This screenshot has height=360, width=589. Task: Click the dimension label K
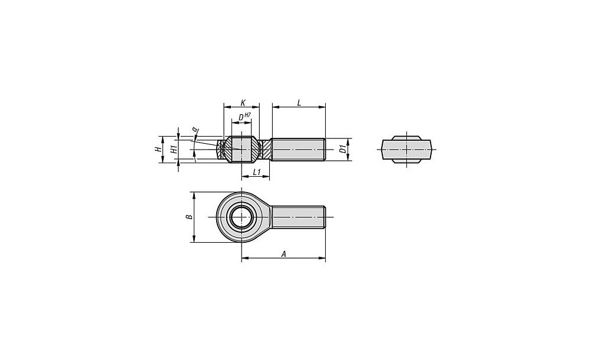243,102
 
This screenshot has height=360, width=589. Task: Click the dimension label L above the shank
299,102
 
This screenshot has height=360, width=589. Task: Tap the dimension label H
158,149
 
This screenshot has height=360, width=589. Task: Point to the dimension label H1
174,149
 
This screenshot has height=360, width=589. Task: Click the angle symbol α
194,130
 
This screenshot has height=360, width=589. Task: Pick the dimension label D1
342,149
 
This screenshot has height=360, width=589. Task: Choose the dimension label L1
257,172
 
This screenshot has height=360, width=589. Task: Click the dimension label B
190,217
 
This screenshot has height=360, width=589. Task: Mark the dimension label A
284,254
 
